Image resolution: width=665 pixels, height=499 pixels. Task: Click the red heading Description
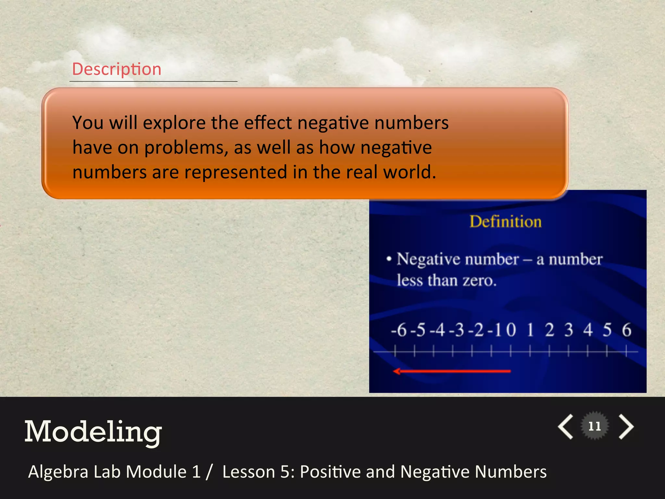[x=117, y=69]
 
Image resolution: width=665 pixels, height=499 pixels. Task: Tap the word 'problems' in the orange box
[x=184, y=148]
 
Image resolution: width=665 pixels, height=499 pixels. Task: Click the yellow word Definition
[x=506, y=222]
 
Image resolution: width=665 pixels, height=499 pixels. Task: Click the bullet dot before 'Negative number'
[x=389, y=259]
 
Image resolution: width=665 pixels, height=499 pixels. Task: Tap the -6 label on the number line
[x=399, y=330]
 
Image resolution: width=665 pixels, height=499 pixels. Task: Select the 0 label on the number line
[x=511, y=330]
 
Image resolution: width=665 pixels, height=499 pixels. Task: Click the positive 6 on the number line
[x=626, y=330]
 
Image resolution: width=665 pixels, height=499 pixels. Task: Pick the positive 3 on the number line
[x=569, y=330]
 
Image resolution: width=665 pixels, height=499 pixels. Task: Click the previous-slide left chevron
[x=566, y=427]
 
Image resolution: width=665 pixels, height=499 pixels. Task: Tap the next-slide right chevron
[x=626, y=427]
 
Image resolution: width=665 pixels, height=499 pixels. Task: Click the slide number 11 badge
[x=595, y=426]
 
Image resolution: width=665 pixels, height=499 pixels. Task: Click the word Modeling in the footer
[x=93, y=432]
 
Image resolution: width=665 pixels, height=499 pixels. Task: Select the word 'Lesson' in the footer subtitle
[x=249, y=472]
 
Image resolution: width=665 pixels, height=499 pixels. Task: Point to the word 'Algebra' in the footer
[x=58, y=472]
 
